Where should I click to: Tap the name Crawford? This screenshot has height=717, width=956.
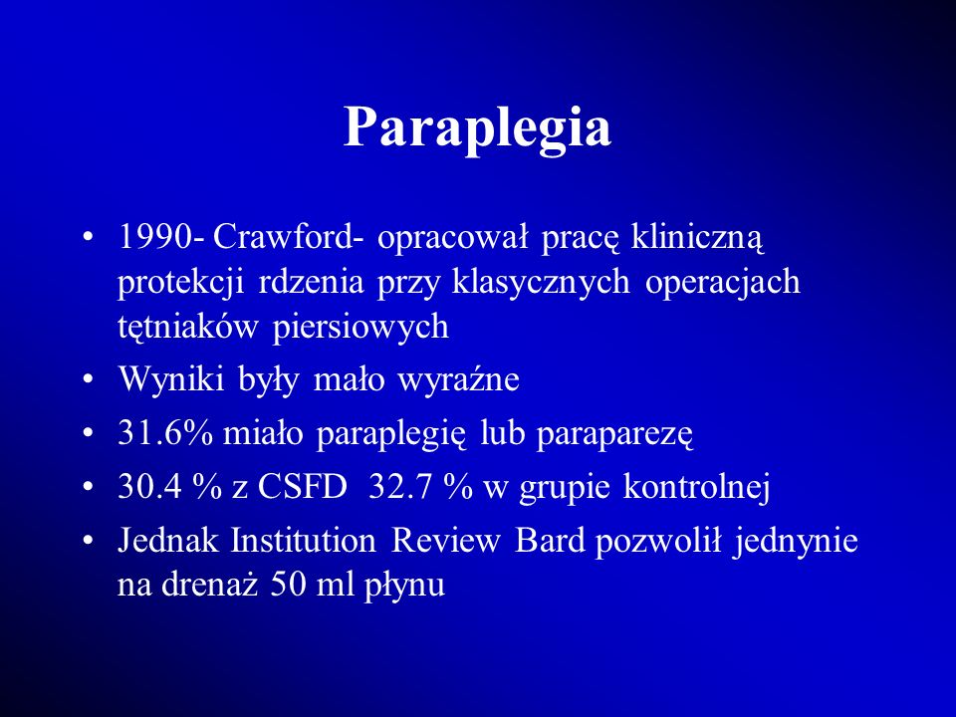[283, 237]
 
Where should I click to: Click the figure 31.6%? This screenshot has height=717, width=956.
[165, 433]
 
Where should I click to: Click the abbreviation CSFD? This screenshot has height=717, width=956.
[302, 487]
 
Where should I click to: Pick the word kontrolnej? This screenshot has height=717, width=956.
[696, 488]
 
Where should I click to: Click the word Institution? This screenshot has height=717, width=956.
[303, 541]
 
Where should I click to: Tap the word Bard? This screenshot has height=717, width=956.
[550, 541]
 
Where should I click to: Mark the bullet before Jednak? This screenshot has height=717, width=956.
[89, 542]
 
